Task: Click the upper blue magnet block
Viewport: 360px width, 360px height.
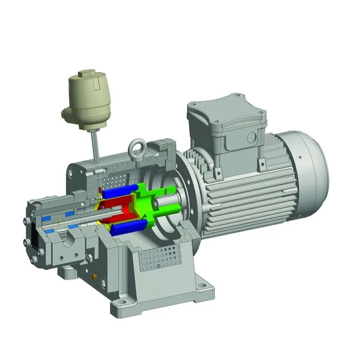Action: click(122, 191)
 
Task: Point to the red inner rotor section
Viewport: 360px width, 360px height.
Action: click(122, 208)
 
